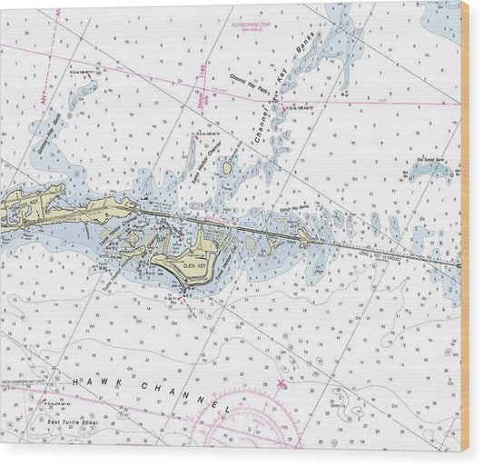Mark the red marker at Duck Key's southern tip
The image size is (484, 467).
coord(184,293)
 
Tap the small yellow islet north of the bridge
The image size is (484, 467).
coord(227,168)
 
